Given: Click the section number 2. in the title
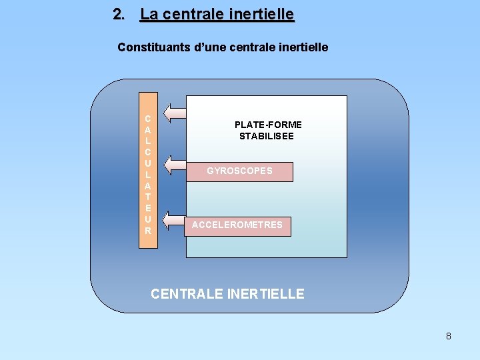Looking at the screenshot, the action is pyautogui.click(x=119, y=14).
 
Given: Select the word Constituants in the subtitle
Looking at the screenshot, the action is pyautogui.click(x=149, y=47).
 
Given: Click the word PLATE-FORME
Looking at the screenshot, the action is pyautogui.click(x=268, y=125).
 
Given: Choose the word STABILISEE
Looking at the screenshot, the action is pyautogui.click(x=267, y=136).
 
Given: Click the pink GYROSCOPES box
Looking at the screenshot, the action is pyautogui.click(x=240, y=171).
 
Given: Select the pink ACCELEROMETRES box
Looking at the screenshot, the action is pyautogui.click(x=237, y=225).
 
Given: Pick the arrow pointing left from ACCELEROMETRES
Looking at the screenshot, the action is pyautogui.click(x=175, y=221).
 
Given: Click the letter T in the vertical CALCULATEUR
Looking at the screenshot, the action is pyautogui.click(x=147, y=197).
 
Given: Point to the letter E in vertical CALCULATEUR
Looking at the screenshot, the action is pyautogui.click(x=147, y=208).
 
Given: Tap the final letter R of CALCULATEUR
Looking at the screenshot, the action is pyautogui.click(x=147, y=231).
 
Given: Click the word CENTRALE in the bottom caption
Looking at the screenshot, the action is pyautogui.click(x=187, y=293).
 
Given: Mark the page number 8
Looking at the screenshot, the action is pyautogui.click(x=448, y=336).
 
